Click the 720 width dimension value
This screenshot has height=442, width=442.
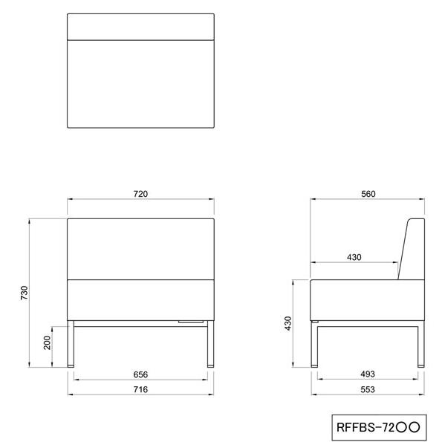click(x=140, y=194)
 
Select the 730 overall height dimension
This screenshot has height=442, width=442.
click(x=25, y=293)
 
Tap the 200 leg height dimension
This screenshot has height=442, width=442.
click(x=47, y=342)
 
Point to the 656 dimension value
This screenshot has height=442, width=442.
click(x=140, y=374)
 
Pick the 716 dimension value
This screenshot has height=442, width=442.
click(x=140, y=389)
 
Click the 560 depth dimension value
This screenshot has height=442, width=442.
click(x=368, y=194)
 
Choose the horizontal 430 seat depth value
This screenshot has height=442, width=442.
click(x=354, y=257)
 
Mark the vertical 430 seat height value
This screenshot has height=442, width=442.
click(x=287, y=323)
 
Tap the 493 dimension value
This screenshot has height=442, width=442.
click(x=368, y=374)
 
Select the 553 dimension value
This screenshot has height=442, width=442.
click(x=368, y=389)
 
